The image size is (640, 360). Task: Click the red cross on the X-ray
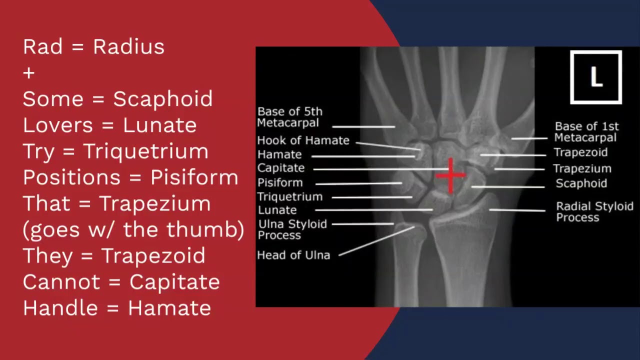[451, 175]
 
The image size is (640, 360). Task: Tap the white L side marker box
[595, 77]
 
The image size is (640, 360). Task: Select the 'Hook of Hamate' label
[303, 140]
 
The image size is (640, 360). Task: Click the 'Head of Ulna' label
[293, 255]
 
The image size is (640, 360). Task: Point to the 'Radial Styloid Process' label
[594, 211]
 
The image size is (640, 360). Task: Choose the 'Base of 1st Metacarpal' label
[586, 132]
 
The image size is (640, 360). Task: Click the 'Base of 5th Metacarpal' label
[289, 117]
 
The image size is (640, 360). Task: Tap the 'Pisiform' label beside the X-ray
[280, 182]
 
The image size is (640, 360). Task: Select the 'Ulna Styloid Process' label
[292, 229]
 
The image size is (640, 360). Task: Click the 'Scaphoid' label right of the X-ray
[581, 183]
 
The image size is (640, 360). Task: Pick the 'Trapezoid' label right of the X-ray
[580, 152]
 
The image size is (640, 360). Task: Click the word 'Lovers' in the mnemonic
[57, 125]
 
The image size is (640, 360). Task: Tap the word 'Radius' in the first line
[128, 47]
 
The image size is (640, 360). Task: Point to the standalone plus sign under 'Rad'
[29, 73]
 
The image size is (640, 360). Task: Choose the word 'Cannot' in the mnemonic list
[61, 282]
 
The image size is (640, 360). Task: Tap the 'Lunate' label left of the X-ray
[277, 210]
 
